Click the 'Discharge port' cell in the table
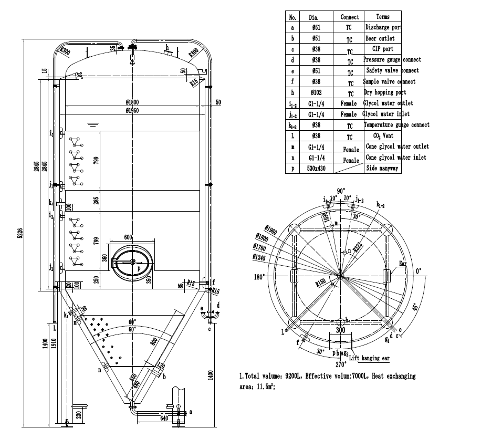pos(383,27)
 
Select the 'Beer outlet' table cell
pos(380,38)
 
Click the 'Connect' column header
pos(350,17)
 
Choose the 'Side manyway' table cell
pos(382,169)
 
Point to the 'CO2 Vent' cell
pos(383,136)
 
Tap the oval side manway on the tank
pos(132,260)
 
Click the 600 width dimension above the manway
pos(129,237)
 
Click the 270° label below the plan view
pos(341,364)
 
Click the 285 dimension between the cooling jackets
pos(96,201)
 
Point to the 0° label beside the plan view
pos(418,271)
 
